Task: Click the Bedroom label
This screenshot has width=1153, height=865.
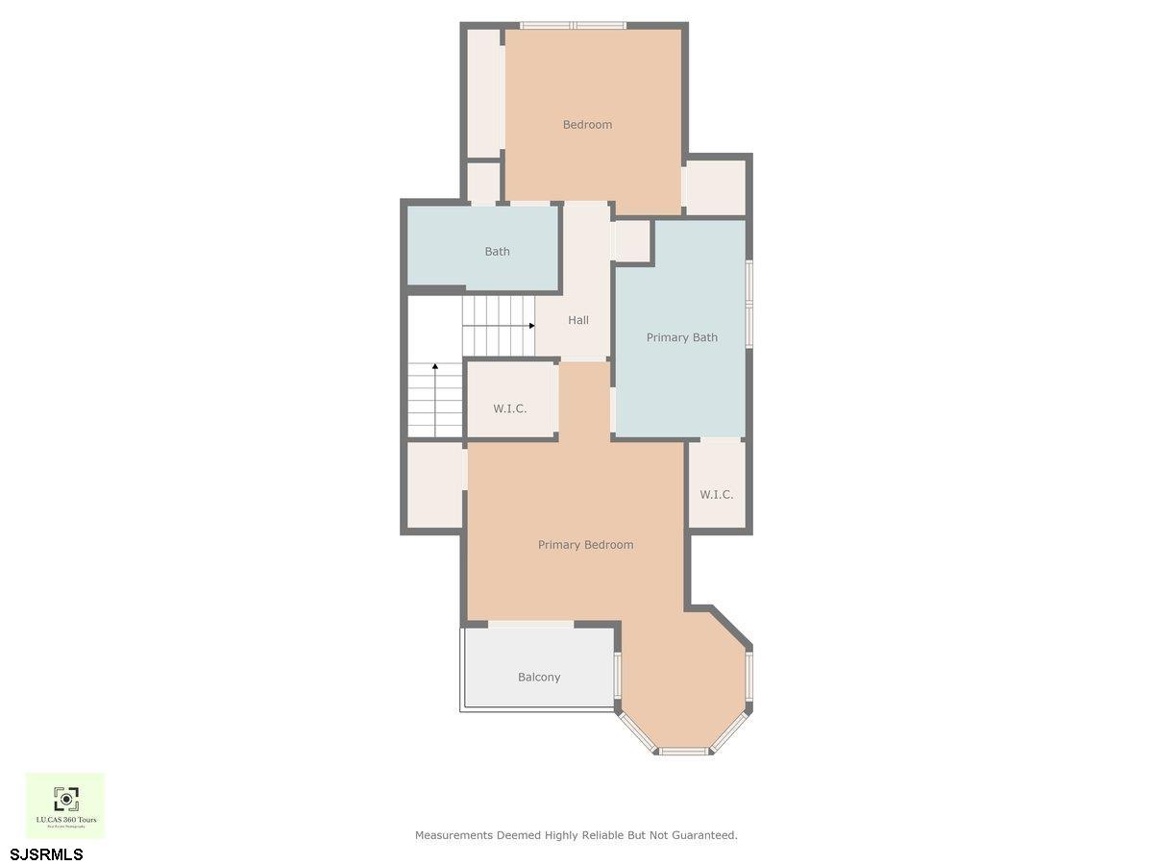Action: click(x=587, y=125)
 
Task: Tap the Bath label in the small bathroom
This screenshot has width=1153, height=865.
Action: click(x=497, y=252)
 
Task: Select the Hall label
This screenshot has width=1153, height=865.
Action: click(x=578, y=320)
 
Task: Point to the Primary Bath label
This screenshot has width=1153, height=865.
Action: click(x=681, y=337)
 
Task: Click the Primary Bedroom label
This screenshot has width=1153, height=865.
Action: click(x=585, y=545)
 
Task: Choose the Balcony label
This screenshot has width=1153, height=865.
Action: click(x=539, y=678)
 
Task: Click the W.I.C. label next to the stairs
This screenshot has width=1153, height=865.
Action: click(x=510, y=408)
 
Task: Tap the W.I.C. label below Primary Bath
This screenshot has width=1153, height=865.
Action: click(x=716, y=495)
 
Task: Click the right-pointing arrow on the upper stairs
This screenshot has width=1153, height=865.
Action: click(x=530, y=326)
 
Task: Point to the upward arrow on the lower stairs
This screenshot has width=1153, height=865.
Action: click(x=435, y=367)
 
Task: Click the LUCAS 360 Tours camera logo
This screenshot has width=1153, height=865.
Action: click(x=65, y=798)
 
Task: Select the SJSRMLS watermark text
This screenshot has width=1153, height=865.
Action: click(x=46, y=854)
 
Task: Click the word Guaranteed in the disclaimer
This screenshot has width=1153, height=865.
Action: click(x=706, y=835)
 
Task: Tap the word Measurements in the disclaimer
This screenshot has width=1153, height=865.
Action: click(x=454, y=835)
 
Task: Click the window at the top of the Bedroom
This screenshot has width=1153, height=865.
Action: click(x=574, y=25)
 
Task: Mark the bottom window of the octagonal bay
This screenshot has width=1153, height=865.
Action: click(x=684, y=751)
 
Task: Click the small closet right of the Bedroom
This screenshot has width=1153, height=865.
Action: click(x=716, y=186)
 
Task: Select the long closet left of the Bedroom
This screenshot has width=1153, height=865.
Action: click(x=483, y=93)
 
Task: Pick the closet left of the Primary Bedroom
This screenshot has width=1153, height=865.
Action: click(x=435, y=484)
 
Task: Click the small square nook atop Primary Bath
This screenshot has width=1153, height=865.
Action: click(x=632, y=241)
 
